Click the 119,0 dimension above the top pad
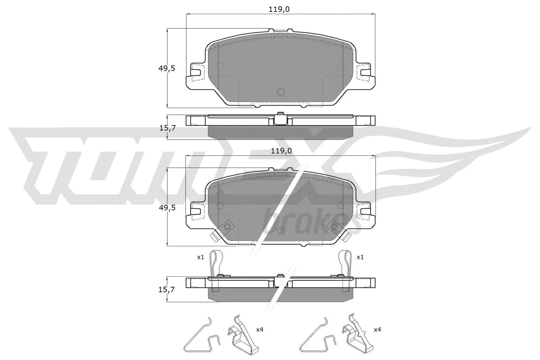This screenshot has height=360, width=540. pos(279,9)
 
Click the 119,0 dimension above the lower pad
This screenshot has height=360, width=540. pos(280,151)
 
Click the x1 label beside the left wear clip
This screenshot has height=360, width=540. pos(200,257)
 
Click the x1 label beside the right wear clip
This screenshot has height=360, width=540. pos(360,257)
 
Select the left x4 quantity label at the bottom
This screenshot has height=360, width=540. pos(260,330)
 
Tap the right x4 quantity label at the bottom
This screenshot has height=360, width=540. pos(377,330)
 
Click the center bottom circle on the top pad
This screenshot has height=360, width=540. pos(280,91)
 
